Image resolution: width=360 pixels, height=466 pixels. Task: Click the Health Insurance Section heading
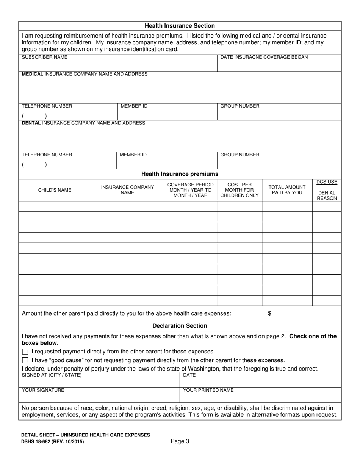coord(180,26)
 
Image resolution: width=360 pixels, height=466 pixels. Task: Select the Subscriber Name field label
coord(45,57)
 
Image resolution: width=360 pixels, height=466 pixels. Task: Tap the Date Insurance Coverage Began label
coord(264,57)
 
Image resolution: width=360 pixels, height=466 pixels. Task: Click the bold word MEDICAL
coord(33,74)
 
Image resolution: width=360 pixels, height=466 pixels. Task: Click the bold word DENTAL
coord(31,123)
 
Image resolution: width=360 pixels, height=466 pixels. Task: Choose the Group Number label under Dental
coord(240,155)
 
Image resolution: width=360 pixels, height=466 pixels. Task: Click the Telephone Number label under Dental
coord(47,155)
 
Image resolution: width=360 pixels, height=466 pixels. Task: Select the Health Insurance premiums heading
coord(180,174)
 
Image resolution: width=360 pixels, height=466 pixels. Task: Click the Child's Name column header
coord(55,190)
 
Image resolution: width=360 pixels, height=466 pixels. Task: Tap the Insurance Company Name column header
coord(127,190)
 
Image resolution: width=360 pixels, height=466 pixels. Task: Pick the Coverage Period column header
coord(190,190)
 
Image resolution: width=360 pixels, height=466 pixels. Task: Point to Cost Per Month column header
coord(239,190)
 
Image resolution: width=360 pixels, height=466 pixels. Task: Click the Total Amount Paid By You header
coord(287,190)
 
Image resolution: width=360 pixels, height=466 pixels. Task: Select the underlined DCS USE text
coord(327,182)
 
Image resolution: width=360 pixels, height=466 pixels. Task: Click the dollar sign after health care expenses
coord(269,313)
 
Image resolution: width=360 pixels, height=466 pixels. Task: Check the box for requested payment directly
coord(25,351)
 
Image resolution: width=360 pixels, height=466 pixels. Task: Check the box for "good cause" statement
coord(25,360)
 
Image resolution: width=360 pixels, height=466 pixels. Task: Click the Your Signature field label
coord(43,390)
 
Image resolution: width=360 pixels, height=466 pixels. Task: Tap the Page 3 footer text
coord(180,441)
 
